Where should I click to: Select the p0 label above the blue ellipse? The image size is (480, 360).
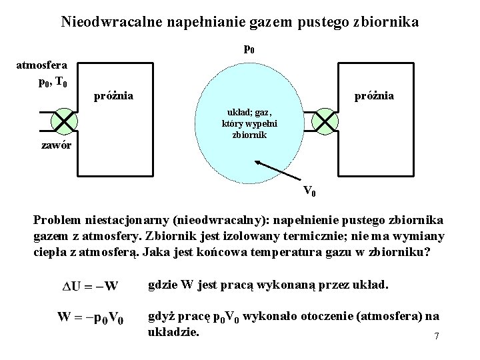(x=248, y=49)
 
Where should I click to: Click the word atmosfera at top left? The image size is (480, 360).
(x=41, y=66)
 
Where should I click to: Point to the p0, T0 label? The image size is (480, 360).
(x=52, y=83)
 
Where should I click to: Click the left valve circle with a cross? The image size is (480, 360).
(x=63, y=120)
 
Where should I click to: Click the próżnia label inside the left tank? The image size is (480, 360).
(x=113, y=97)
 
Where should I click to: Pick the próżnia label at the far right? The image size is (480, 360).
(x=374, y=97)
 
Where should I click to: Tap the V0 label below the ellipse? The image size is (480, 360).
(x=309, y=193)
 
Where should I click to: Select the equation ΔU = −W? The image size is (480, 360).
(x=91, y=287)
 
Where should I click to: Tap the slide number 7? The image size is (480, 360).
(x=436, y=336)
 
